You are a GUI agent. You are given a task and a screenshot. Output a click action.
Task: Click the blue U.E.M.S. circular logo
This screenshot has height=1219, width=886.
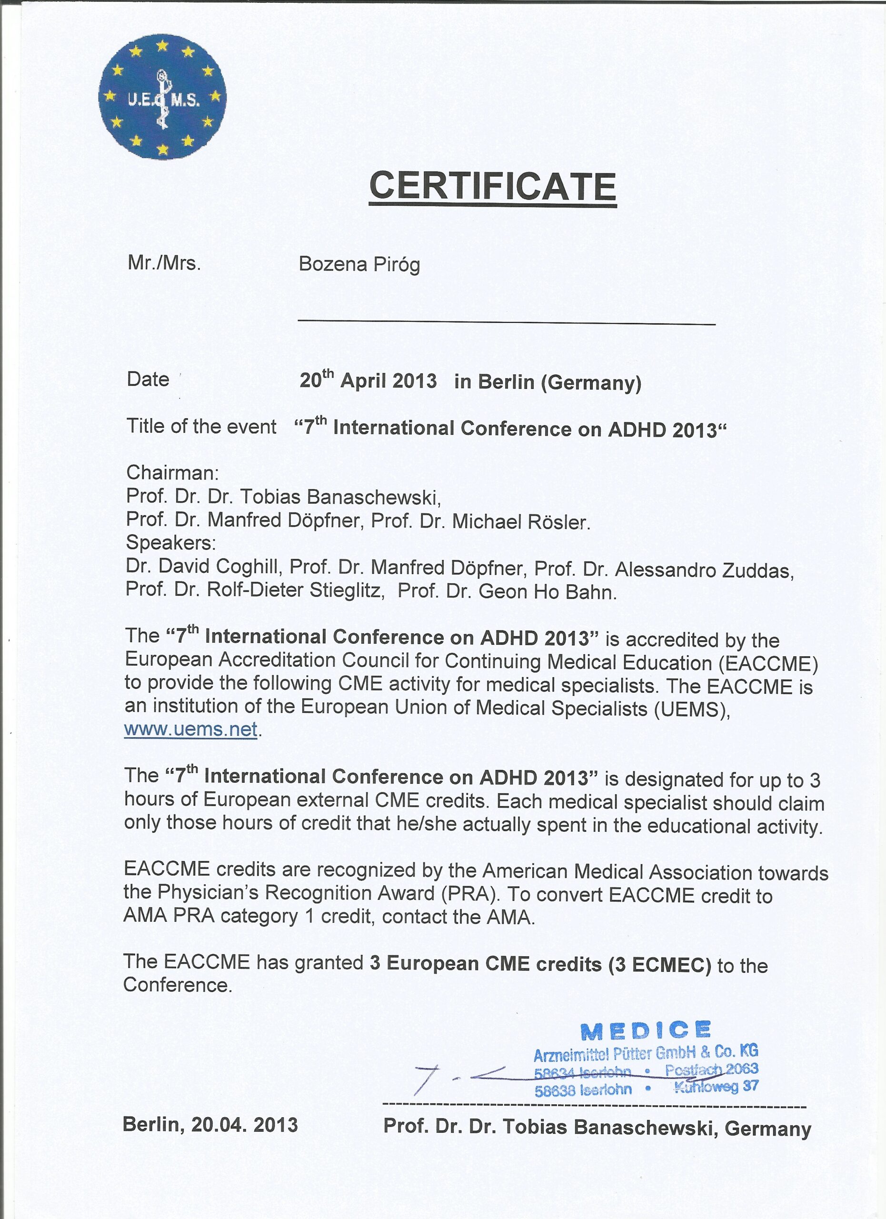(162, 97)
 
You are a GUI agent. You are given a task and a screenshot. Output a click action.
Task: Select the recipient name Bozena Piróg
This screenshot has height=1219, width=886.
(359, 264)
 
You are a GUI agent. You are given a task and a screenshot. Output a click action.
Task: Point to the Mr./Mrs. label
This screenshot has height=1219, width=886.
(164, 263)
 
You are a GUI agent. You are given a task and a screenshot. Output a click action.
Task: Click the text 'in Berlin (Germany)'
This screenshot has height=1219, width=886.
(548, 382)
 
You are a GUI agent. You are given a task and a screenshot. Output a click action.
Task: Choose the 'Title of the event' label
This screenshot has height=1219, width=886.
(201, 426)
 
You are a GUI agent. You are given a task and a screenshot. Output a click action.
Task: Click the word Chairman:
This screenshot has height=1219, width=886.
(172, 473)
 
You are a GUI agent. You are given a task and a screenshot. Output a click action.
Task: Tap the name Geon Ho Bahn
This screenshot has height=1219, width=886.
(547, 592)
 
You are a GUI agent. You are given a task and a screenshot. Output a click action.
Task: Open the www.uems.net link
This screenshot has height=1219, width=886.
(191, 729)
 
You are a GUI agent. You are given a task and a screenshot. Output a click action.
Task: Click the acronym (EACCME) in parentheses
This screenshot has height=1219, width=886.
(768, 664)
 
